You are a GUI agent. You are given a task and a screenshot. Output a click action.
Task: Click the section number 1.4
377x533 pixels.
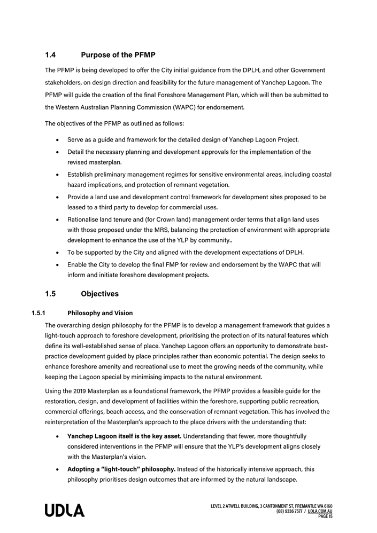51,54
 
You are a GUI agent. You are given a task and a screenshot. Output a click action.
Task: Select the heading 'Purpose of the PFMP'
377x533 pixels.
118,54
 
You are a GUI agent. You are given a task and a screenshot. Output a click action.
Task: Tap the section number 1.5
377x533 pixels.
51,294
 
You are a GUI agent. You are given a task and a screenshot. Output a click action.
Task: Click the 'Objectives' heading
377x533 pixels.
99,294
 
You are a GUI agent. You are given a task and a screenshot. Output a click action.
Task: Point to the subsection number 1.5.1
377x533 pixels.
40,313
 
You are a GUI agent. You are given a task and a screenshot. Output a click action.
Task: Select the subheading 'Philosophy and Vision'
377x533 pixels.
100,313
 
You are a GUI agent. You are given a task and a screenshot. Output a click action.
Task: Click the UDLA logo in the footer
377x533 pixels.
64,511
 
